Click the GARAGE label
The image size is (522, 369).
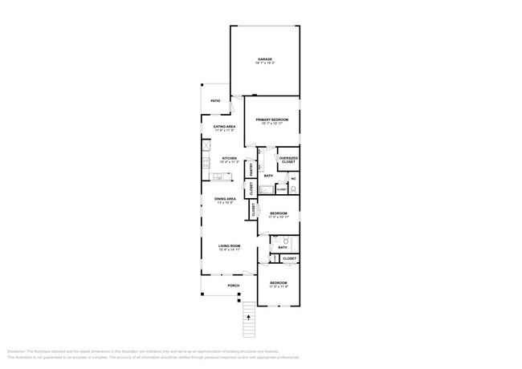tap(265, 59)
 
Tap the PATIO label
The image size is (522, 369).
tap(215, 101)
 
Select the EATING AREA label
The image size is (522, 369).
tap(224, 127)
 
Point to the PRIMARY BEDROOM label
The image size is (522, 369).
tap(271, 120)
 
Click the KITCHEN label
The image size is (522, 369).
tap(229, 158)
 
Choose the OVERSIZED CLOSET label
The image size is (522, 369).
tap(288, 160)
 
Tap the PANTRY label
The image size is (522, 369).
tap(251, 169)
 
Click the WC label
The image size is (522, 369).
tap(293, 178)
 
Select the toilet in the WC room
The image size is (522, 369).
tap(294, 189)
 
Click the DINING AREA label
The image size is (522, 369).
tap(225, 198)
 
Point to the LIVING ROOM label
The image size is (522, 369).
tap(229, 245)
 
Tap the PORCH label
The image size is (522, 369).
tap(234, 286)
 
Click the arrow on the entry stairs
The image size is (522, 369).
tap(248, 317)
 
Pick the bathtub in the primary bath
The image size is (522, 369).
tap(265, 191)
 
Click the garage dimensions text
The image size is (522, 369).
tap(265, 63)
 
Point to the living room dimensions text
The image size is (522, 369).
tap(229, 250)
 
